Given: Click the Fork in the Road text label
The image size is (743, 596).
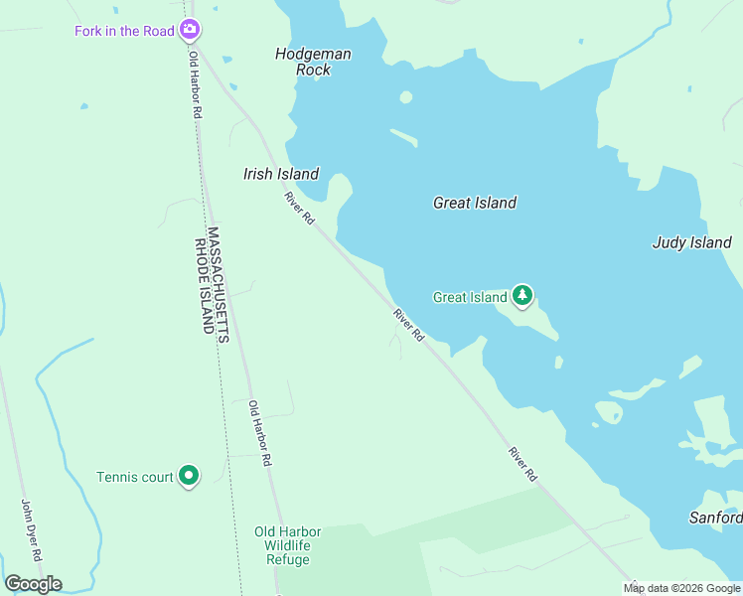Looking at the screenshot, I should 125,31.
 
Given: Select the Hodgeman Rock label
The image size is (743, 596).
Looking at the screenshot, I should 314,62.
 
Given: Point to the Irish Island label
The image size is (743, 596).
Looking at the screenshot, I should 281,174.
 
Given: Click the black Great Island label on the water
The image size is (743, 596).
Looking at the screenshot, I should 475,203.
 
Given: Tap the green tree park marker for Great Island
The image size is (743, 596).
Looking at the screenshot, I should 522,296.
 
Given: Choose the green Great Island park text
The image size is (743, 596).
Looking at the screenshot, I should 470,297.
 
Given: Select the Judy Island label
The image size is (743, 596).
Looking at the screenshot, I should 691,242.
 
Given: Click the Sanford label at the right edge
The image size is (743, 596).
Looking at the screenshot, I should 715,518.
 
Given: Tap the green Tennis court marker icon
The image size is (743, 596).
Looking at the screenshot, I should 189,477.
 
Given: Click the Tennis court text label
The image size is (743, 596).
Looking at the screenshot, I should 135,477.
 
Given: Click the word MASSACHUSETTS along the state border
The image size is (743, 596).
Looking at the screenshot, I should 221,284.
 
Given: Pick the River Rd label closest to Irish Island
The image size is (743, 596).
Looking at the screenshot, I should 299,208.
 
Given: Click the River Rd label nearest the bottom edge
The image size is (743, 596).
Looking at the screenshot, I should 522,465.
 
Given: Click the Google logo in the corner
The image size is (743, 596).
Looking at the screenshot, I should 33,584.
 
